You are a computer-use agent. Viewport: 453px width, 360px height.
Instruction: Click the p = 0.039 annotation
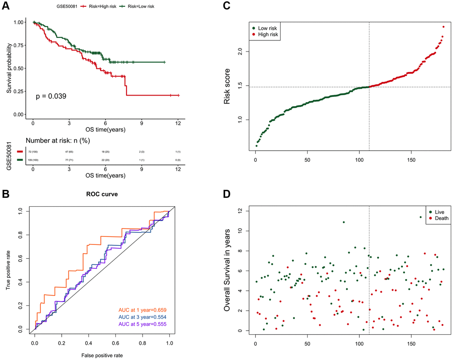(x=52, y=96)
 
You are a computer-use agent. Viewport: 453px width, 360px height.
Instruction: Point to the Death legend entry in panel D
(x=439, y=218)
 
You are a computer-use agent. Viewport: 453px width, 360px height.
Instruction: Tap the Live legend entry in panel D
(x=437, y=212)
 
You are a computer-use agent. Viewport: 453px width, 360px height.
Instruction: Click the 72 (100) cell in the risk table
(x=33, y=152)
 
